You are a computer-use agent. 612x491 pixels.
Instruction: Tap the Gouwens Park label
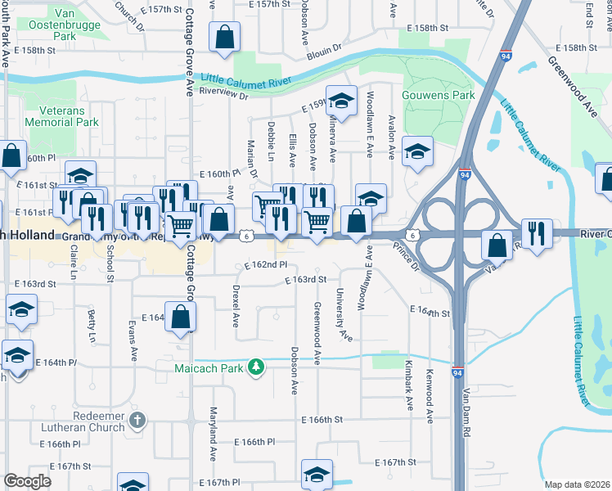[439, 96]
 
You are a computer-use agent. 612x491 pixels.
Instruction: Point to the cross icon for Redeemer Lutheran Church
[137, 421]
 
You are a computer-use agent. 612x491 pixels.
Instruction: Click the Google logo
[28, 481]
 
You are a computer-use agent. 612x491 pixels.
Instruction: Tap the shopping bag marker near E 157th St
[224, 37]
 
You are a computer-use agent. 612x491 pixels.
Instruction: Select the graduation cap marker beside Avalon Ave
[417, 151]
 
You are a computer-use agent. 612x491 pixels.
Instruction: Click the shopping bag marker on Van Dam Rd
[497, 243]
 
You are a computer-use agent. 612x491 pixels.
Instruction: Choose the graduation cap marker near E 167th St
[317, 474]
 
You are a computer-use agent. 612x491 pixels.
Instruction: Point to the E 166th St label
[321, 420]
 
